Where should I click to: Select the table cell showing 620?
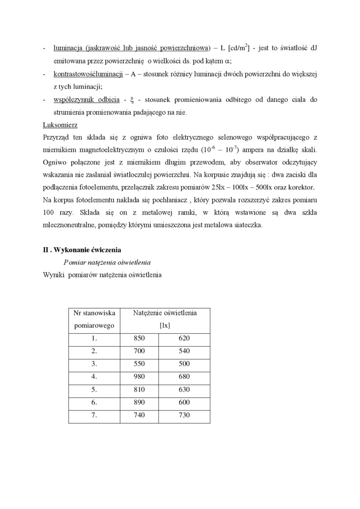[184, 338]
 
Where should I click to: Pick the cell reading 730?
[184, 415]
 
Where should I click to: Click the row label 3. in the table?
[94, 364]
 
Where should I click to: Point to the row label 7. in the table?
[94, 415]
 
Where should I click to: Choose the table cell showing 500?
[184, 364]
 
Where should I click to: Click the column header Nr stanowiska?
[94, 313]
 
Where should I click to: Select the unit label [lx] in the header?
[165, 325]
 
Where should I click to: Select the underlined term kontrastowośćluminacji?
[88, 74]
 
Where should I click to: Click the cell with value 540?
[184, 351]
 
